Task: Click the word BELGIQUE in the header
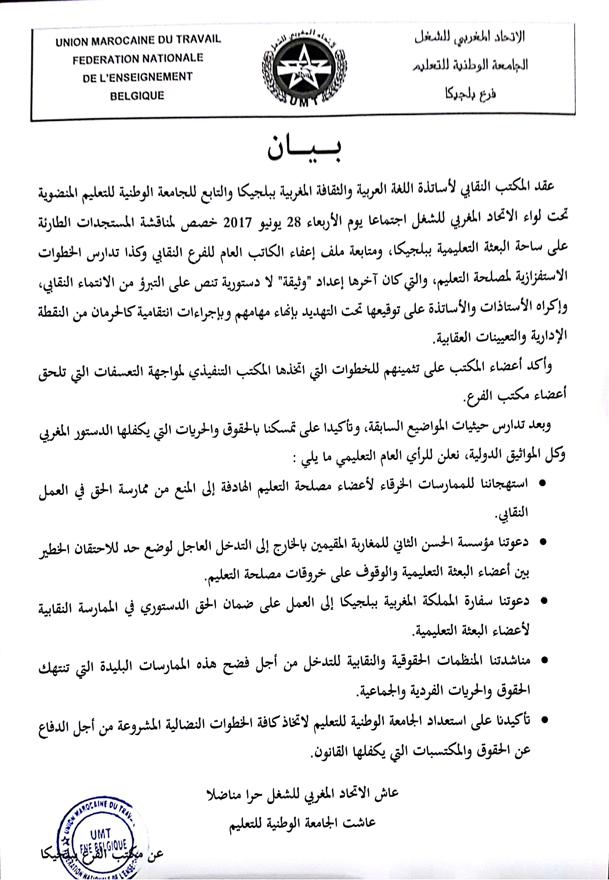click(x=137, y=95)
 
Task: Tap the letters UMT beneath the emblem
click(x=304, y=102)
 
